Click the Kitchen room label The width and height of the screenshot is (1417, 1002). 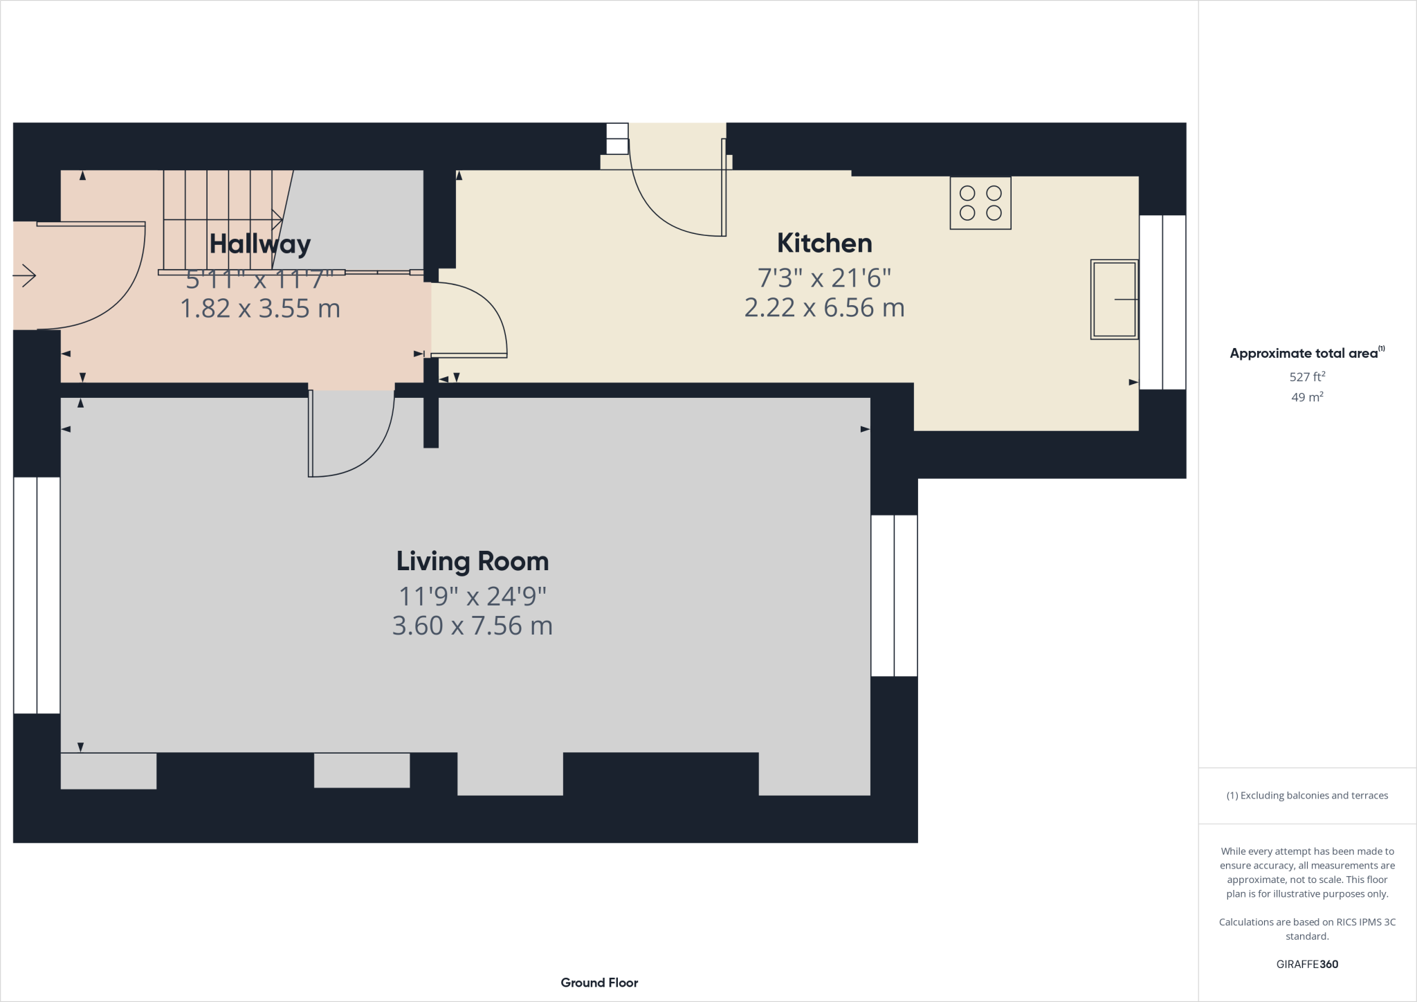(x=824, y=243)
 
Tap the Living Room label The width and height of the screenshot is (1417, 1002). (x=472, y=561)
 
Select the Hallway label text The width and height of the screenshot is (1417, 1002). (x=259, y=244)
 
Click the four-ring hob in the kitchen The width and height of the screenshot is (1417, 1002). (x=980, y=203)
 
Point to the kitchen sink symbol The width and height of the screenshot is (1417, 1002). (x=1114, y=299)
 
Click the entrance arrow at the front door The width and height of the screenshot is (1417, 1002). (x=25, y=275)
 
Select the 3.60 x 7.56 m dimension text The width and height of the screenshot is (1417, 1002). (x=472, y=626)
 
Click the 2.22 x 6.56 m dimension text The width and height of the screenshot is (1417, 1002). (x=824, y=307)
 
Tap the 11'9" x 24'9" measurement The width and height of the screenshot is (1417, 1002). (x=472, y=596)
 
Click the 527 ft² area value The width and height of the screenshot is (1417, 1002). (x=1306, y=377)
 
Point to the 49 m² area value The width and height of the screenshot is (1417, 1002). (x=1306, y=397)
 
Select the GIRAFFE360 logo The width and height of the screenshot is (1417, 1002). (x=1306, y=964)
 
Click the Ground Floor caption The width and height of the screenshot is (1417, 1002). (x=599, y=983)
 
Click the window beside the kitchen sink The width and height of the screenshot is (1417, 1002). (x=1162, y=302)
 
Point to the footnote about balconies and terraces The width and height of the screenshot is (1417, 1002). (x=1306, y=796)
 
